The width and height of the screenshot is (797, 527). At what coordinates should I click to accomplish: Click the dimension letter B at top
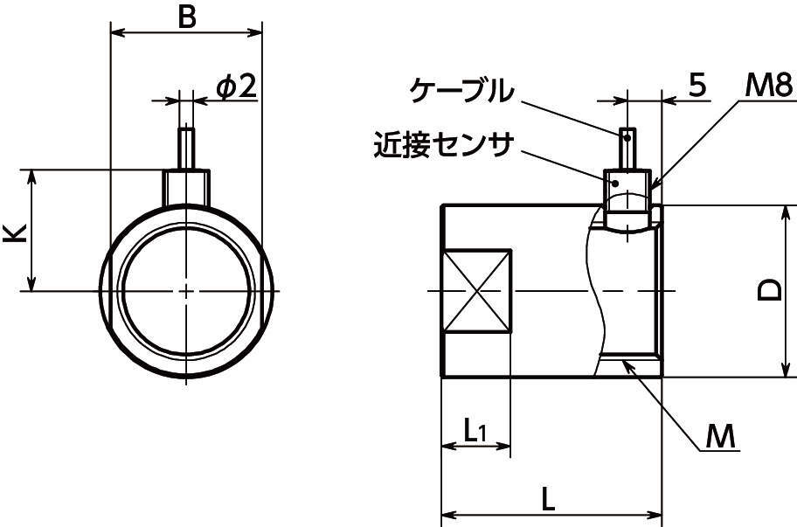[x=186, y=17]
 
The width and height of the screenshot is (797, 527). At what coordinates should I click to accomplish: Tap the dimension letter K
[x=15, y=232]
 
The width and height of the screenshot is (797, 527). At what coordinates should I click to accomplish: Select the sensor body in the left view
[x=186, y=185]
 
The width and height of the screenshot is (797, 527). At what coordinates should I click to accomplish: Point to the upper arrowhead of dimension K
[x=32, y=176]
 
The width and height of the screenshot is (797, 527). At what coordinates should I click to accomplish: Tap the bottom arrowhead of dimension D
[x=784, y=371]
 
